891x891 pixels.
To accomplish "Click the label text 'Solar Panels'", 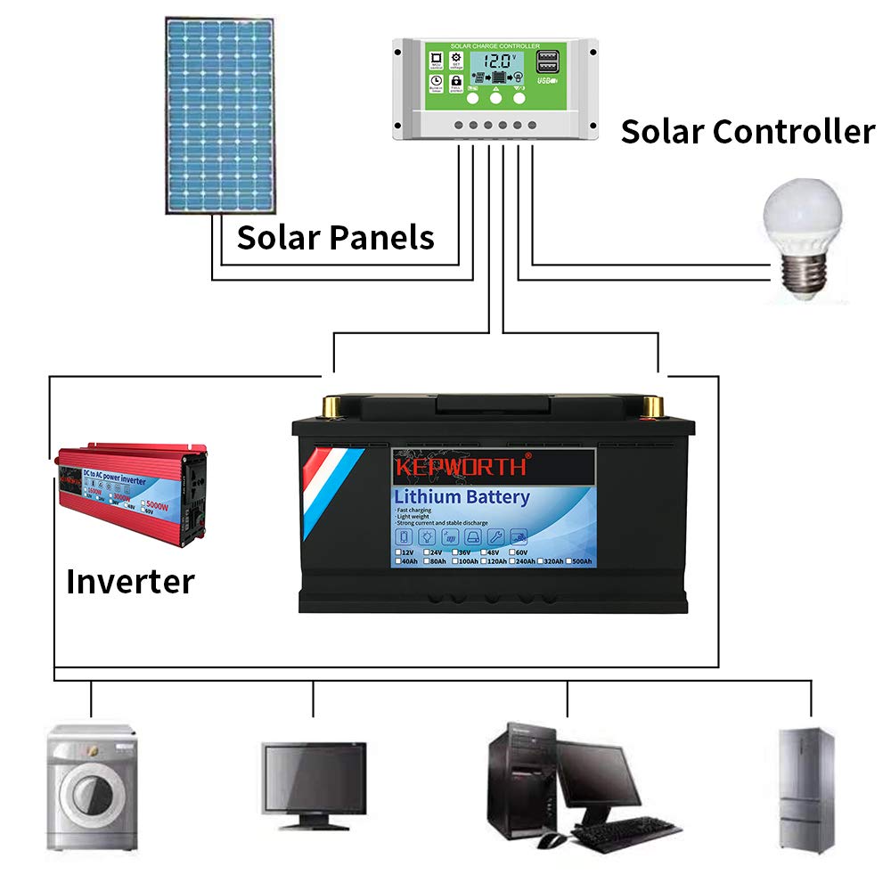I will (x=335, y=239).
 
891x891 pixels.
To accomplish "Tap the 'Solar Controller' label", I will (x=748, y=132).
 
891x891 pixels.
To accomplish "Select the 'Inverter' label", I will (x=130, y=582).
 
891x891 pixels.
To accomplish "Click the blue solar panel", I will (x=217, y=115).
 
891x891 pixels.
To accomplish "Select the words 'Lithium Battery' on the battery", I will (x=462, y=497).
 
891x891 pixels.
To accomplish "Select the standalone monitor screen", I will (x=314, y=774).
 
